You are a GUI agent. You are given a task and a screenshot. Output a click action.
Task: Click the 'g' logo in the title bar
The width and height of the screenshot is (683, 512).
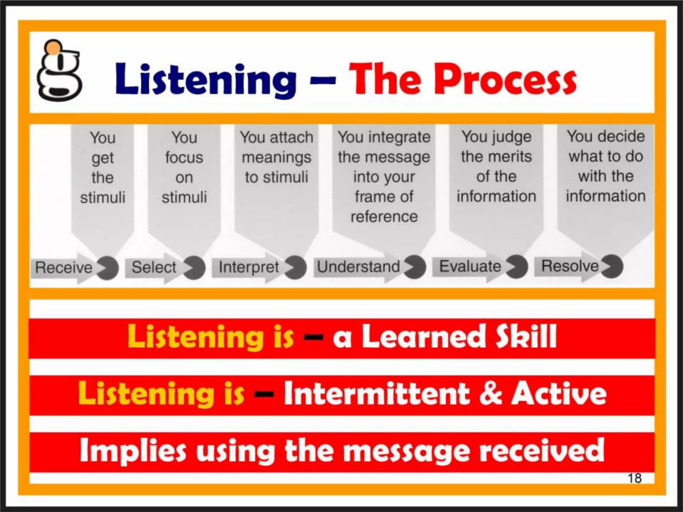pos(59,72)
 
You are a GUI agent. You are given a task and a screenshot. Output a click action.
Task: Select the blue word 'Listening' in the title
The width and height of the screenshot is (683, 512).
pos(206,79)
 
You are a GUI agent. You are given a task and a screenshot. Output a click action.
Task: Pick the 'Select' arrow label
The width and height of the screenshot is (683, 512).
pos(154,267)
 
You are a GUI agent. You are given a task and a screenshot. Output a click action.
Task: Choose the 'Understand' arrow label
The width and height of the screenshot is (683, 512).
pos(359,267)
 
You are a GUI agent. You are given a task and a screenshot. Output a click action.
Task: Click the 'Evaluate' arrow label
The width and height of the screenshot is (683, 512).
pos(470,266)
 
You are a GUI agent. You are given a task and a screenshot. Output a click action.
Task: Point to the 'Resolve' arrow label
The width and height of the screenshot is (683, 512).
pos(570,266)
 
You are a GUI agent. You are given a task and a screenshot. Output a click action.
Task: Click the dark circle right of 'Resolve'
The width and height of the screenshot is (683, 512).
pos(612,266)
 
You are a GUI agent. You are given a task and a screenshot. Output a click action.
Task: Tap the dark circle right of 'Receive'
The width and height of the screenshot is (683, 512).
pos(107,268)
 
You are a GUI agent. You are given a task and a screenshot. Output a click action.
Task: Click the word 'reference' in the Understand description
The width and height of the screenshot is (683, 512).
pos(384,217)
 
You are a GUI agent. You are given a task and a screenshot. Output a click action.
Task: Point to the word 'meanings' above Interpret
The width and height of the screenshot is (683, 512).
pos(276,157)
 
